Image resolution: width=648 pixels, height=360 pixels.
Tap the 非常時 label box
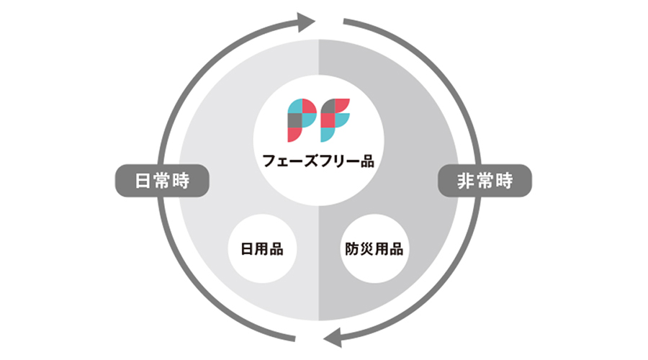(x=485, y=180)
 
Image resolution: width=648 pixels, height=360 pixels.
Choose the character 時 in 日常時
(x=180, y=180)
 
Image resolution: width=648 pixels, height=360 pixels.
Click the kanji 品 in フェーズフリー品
(x=367, y=161)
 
